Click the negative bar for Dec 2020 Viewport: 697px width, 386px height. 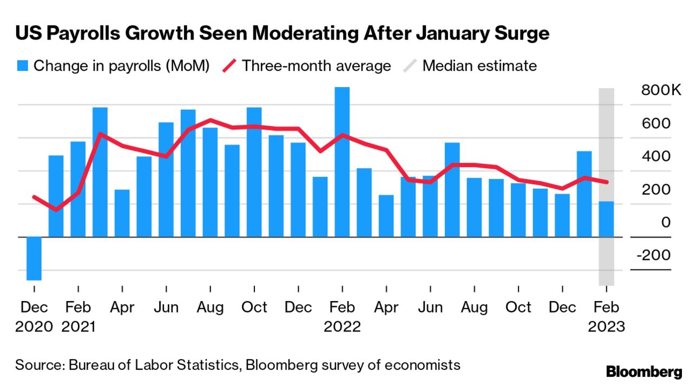[34, 258]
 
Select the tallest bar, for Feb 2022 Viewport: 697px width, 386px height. [342, 162]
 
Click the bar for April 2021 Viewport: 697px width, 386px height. [122, 213]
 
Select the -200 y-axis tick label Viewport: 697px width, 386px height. [654, 255]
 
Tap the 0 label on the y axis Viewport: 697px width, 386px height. [666, 222]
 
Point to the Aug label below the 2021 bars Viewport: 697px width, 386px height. [210, 308]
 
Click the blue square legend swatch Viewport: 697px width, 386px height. [22, 66]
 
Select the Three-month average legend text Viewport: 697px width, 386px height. [316, 66]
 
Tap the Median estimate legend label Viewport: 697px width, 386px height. [479, 66]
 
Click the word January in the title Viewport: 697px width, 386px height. [450, 34]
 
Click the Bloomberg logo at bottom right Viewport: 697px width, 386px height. [643, 371]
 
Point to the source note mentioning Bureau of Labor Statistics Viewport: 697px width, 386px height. [238, 365]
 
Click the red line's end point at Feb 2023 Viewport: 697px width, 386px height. [607, 182]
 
